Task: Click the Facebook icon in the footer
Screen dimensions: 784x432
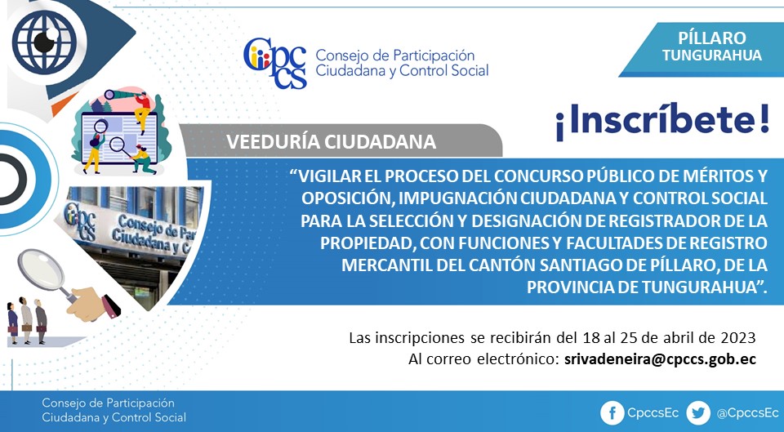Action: click(612, 413)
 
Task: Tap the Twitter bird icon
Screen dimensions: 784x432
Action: click(698, 413)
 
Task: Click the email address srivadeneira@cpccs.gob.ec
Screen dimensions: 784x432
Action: click(660, 359)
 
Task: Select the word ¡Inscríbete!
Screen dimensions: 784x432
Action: click(662, 121)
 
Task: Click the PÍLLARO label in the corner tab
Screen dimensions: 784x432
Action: click(712, 38)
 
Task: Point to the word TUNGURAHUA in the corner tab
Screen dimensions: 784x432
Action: click(712, 55)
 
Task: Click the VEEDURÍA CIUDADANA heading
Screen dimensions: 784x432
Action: click(331, 142)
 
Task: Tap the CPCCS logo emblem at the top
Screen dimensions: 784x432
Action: click(275, 63)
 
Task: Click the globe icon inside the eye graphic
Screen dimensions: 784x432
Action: click(44, 42)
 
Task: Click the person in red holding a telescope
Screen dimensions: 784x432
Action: click(141, 109)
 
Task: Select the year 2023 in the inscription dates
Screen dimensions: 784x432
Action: click(738, 338)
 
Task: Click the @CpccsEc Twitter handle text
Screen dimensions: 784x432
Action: click(748, 413)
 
